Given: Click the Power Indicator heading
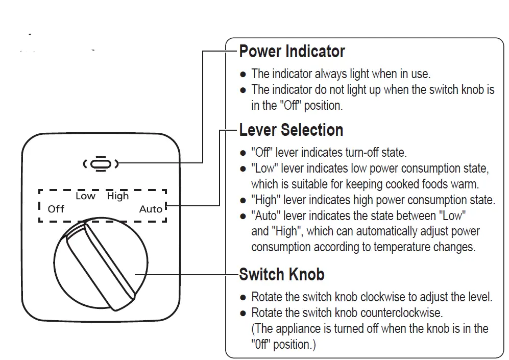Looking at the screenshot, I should click(x=292, y=52).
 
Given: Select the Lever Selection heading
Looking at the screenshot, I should click(x=291, y=130).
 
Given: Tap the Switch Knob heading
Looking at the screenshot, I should click(x=281, y=275).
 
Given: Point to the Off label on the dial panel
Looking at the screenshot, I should click(x=56, y=209).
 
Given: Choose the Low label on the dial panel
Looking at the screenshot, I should click(x=85, y=196).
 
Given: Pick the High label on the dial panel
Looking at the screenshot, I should click(x=118, y=196).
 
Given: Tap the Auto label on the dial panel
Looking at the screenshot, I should click(x=151, y=209).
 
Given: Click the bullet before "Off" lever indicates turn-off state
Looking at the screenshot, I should click(x=244, y=153).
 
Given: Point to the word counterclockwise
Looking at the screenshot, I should click(x=401, y=313).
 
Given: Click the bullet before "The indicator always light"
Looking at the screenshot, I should click(x=244, y=75).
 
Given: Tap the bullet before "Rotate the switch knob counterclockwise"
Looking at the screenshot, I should click(x=244, y=313).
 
